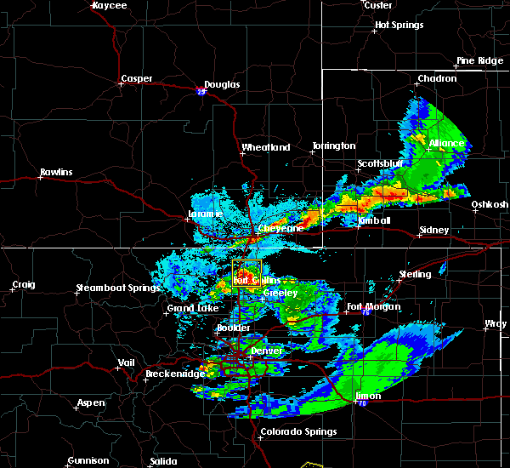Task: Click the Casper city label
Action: pyautogui.click(x=136, y=79)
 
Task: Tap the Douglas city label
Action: pyautogui.click(x=222, y=84)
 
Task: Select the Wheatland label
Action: pyautogui.click(x=266, y=147)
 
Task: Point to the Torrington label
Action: pyautogui.click(x=333, y=146)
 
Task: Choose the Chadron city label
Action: pyautogui.click(x=437, y=79)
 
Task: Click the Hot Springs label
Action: pyautogui.click(x=399, y=25)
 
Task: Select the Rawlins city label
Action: pyautogui.click(x=56, y=173)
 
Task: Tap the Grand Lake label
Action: pyautogui.click(x=189, y=307)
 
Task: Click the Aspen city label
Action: pyautogui.click(x=90, y=402)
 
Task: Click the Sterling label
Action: pyautogui.click(x=415, y=274)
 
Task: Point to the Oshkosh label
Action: pyautogui.click(x=490, y=204)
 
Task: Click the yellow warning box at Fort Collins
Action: pyautogui.click(x=246, y=275)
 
